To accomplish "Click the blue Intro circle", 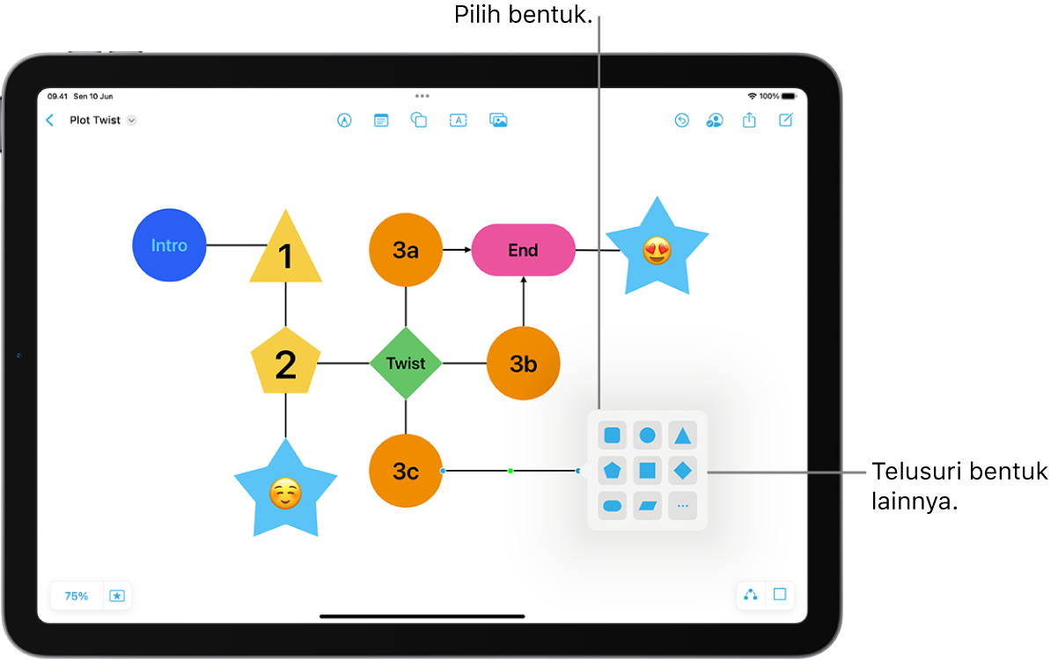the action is click(169, 245).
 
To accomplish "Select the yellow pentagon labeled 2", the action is click(286, 361).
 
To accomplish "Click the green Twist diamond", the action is click(406, 363).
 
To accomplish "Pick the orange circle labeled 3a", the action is click(406, 250).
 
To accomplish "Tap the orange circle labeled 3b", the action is click(524, 363).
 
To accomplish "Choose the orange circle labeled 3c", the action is click(406, 471).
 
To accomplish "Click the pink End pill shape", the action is click(524, 250).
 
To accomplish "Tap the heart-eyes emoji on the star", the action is click(657, 251).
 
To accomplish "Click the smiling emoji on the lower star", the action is click(285, 494).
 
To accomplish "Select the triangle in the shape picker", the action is click(682, 436).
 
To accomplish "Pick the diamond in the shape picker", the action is click(682, 471).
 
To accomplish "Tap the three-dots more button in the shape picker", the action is click(682, 506).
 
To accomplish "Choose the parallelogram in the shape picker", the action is click(647, 506).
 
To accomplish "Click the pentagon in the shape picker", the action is click(612, 471).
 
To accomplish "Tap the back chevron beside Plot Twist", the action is click(50, 120).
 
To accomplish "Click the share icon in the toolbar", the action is click(749, 120).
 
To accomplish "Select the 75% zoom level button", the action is click(77, 596).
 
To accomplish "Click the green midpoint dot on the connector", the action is click(511, 471).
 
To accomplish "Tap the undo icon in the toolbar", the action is click(681, 121).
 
